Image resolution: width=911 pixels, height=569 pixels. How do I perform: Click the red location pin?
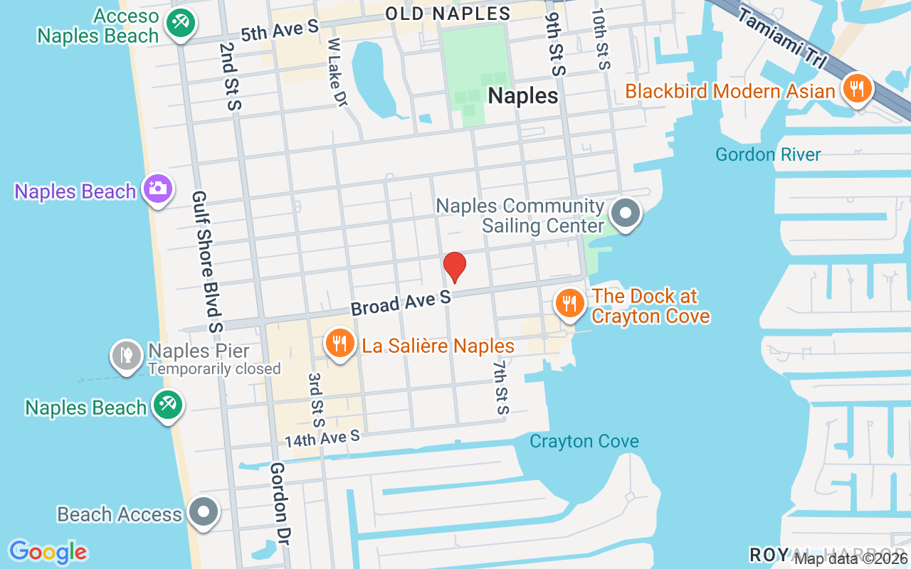(454, 267)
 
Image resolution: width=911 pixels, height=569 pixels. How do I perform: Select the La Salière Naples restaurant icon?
(340, 344)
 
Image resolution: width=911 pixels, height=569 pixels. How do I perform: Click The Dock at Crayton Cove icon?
(569, 303)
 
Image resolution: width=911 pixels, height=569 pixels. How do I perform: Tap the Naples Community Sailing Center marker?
(626, 213)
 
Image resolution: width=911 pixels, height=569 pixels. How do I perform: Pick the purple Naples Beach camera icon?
(157, 189)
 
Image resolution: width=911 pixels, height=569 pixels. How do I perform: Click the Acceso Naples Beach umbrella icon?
(180, 23)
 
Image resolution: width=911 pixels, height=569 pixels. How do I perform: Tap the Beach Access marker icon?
(204, 511)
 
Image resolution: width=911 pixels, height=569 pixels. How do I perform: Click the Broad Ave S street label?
(401, 302)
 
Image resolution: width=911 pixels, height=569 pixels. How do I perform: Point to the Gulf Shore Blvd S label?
(207, 262)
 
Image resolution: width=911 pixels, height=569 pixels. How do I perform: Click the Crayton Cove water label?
(584, 442)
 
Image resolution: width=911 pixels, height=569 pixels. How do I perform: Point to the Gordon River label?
(768, 154)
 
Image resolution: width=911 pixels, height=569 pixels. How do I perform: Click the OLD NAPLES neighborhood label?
(448, 14)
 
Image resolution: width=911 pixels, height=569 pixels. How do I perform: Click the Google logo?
(48, 552)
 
